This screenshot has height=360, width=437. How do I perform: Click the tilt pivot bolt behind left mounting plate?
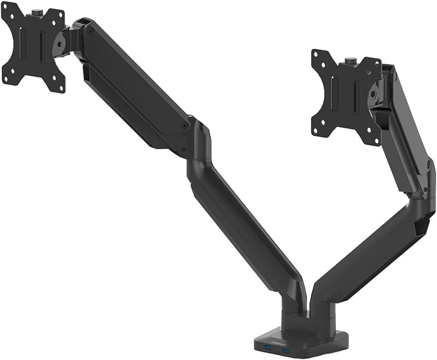coord(59,45)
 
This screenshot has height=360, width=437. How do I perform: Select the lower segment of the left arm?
coord(246,228)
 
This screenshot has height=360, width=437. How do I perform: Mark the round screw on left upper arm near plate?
coord(91,31)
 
